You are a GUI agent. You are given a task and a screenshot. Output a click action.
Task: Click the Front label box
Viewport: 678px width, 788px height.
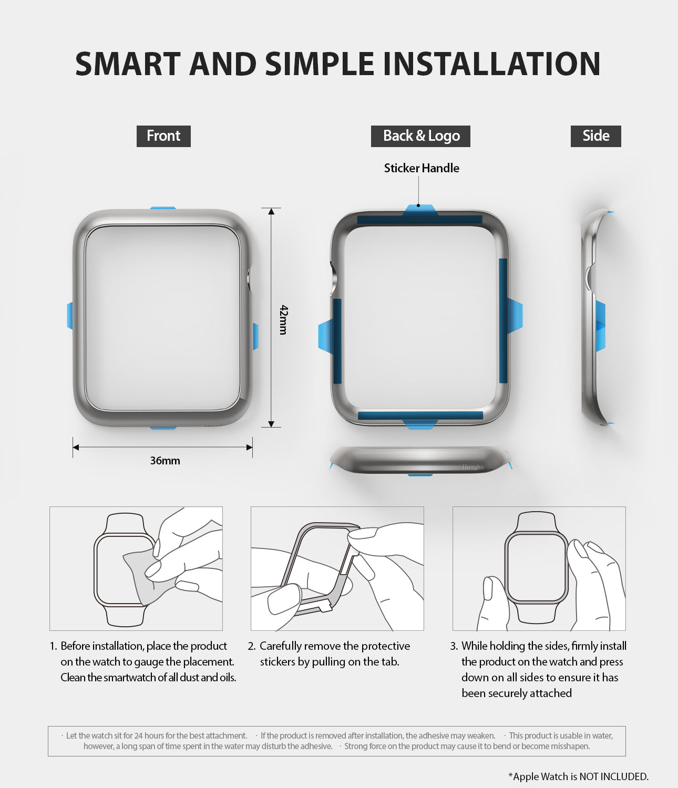163,136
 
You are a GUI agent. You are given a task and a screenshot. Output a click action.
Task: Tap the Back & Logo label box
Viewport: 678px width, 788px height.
420,136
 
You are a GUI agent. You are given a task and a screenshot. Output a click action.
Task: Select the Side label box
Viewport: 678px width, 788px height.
595,136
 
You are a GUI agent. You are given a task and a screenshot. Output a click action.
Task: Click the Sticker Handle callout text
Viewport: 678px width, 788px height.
422,168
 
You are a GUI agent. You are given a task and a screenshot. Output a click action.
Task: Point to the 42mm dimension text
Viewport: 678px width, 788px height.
284,319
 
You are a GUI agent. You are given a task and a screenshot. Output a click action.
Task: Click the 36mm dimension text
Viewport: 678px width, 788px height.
165,461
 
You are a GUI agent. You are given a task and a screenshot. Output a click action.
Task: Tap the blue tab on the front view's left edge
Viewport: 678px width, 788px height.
70,316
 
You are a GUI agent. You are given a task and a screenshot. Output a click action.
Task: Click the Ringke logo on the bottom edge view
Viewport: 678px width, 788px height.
473,466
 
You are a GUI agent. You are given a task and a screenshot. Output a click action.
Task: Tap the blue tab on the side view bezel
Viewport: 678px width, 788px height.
600,326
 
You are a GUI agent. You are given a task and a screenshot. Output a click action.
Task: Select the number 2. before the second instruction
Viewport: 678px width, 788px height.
252,646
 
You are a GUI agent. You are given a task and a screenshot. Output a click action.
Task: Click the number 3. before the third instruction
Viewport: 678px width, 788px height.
454,646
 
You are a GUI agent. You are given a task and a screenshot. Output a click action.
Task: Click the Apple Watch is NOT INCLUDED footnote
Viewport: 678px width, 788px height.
579,776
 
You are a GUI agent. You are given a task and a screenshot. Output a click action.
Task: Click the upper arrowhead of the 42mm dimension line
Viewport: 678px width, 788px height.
271,212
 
